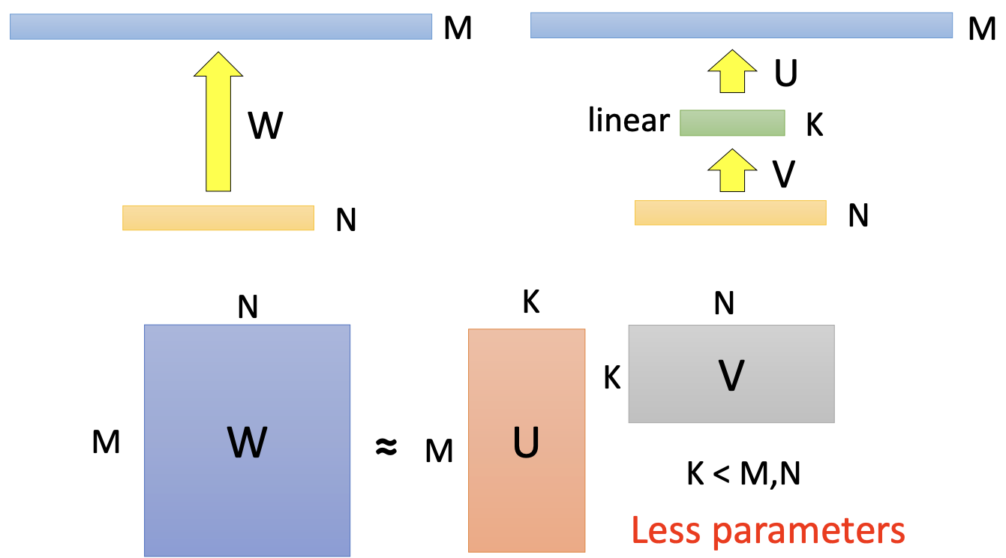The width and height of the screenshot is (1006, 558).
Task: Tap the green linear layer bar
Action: pos(731,122)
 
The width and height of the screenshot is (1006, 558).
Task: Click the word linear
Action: pos(629,120)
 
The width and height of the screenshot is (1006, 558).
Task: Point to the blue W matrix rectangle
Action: pos(247,440)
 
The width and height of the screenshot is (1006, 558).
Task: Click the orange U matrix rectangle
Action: pos(526,440)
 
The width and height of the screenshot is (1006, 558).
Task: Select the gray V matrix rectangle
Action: pos(731,373)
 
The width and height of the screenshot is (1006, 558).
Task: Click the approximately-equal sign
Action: pos(386,448)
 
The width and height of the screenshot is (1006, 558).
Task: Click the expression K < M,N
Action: pos(743,475)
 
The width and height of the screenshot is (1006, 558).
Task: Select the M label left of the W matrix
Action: pos(106,442)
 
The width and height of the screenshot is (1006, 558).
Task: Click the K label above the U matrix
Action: pos(530,302)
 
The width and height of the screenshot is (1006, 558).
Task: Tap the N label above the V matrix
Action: pos(724,304)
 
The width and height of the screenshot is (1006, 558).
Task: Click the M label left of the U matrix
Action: pos(439,451)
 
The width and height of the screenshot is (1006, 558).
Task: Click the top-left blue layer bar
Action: pos(221,27)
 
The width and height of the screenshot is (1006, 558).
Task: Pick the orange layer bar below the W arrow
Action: pos(218,217)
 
